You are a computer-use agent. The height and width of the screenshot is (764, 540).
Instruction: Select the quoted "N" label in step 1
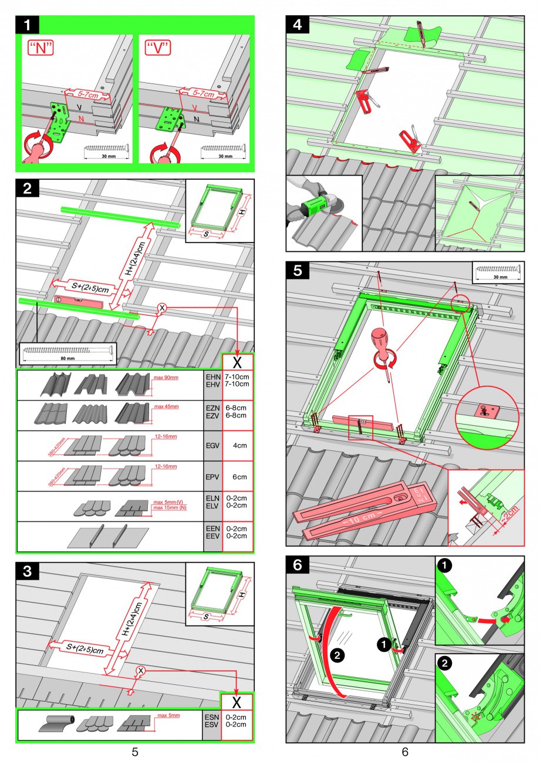[x=41, y=48]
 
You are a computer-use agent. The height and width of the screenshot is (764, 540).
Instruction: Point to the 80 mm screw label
[x=67, y=357]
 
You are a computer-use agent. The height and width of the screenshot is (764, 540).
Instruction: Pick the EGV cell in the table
[x=212, y=446]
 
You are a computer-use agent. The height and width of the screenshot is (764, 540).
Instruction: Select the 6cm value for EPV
[x=238, y=477]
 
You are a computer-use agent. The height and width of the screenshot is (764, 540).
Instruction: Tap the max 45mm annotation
[x=166, y=406]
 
